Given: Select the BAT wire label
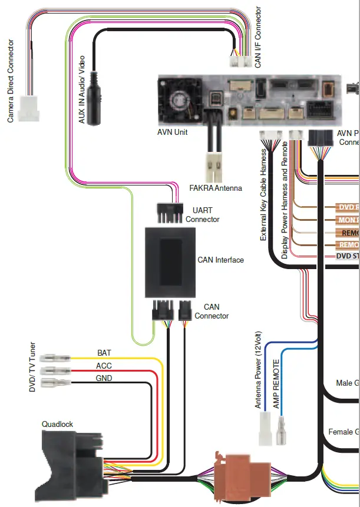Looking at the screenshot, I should [x=104, y=353].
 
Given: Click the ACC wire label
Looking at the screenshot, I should [x=104, y=366].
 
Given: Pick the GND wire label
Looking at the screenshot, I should [x=104, y=378].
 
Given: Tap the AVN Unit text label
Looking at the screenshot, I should [x=173, y=132].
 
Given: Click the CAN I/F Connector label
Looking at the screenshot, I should [x=258, y=37].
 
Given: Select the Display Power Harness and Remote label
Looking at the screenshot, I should [x=285, y=200].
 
